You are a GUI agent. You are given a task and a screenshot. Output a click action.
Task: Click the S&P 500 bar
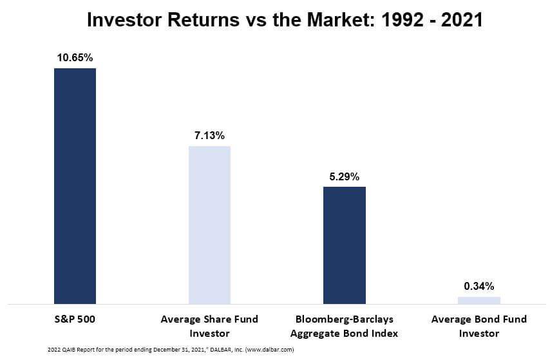coord(75,186)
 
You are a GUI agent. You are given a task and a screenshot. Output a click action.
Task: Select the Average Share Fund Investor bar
coord(209,225)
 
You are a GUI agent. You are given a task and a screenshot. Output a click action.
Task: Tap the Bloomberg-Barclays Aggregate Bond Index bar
coord(345,245)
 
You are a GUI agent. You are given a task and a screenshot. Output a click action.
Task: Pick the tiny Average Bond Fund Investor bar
coord(479,300)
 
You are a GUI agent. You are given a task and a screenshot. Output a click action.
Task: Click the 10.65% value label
coord(75,57)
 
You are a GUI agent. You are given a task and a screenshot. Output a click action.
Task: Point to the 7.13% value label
coord(209,135)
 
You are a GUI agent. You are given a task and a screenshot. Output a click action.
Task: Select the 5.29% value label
coord(345,176)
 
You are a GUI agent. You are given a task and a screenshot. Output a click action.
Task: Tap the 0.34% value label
coord(479,287)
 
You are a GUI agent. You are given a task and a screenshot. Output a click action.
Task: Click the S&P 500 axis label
coord(75,319)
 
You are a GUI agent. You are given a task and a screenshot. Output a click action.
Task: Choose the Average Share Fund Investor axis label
coord(209,327)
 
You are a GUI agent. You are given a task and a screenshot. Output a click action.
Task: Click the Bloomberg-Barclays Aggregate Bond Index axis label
coord(344,327)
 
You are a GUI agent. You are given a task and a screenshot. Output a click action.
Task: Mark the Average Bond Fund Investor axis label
coord(479,327)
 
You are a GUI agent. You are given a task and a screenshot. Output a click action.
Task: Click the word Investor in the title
coord(124,20)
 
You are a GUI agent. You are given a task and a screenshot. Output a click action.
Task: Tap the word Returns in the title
coord(204,20)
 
